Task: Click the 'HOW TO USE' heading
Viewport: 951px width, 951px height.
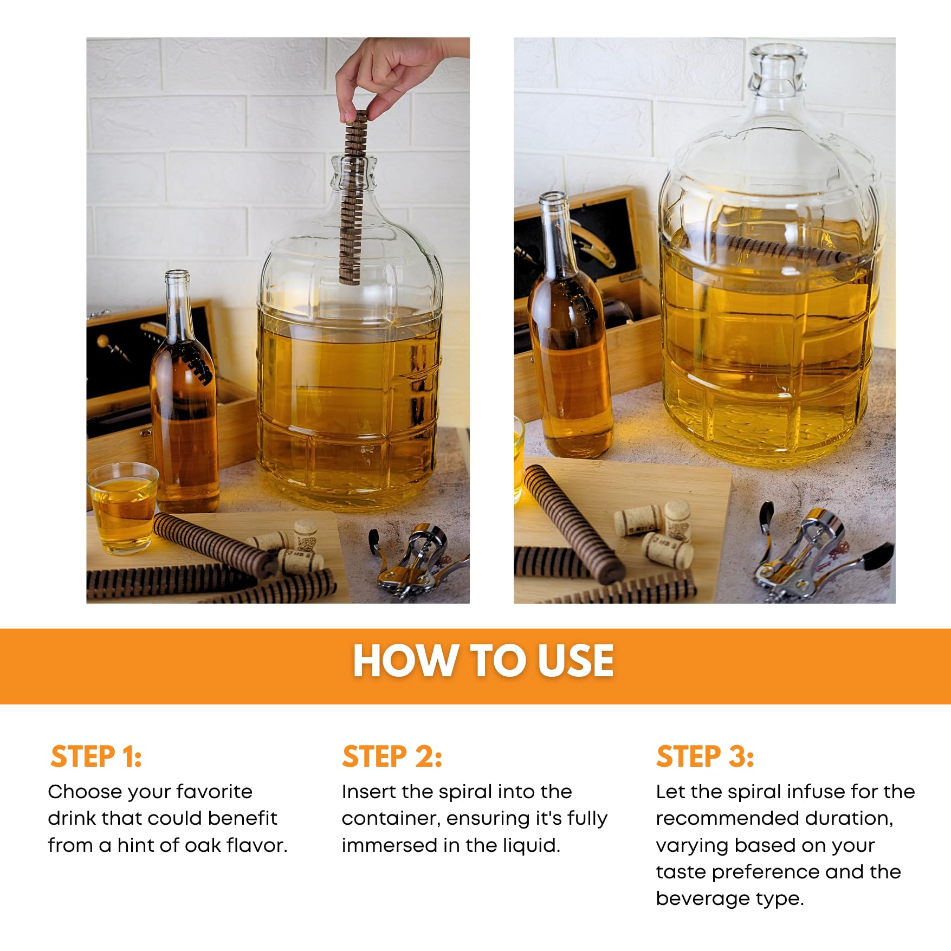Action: click(x=483, y=661)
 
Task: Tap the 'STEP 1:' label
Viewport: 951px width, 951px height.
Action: click(x=96, y=756)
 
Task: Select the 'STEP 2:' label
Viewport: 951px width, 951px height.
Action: click(x=392, y=756)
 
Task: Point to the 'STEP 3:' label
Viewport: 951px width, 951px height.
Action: click(x=704, y=756)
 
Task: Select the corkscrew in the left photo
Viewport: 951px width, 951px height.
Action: click(x=417, y=561)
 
